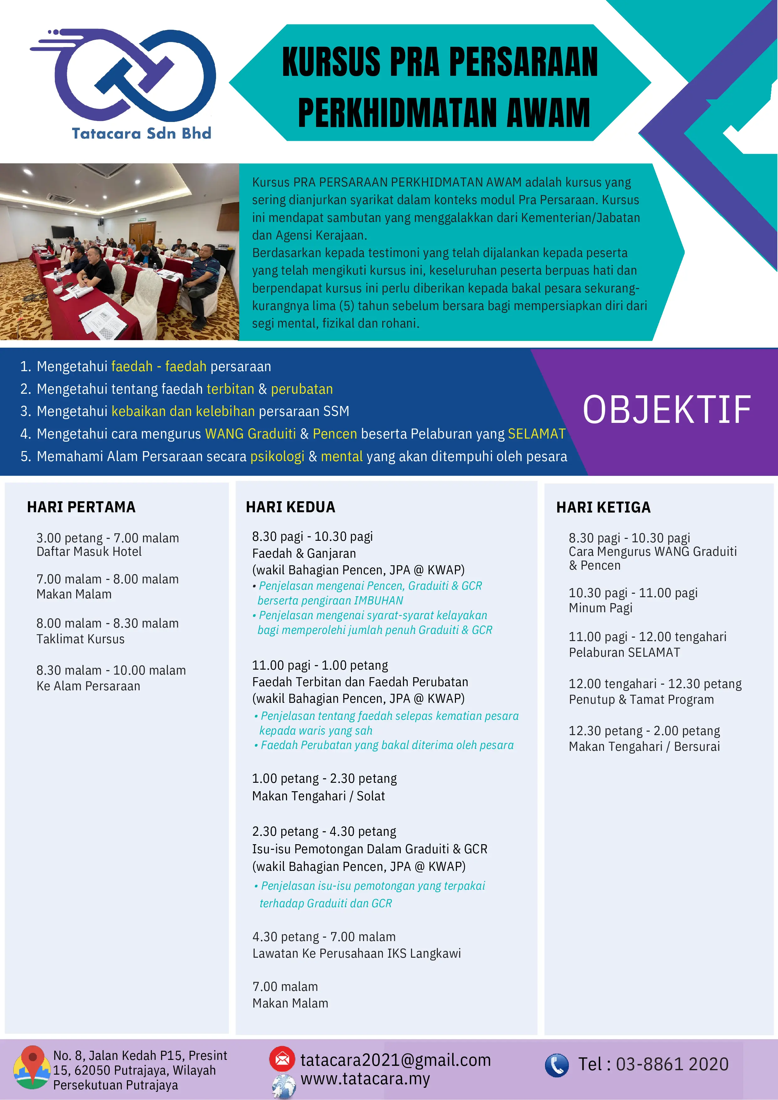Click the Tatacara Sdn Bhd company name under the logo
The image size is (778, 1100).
[141, 133]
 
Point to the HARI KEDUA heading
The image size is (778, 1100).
[290, 507]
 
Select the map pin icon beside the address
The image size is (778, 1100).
[32, 1066]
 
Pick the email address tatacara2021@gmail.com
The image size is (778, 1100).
[395, 1060]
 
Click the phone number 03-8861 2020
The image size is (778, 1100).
[672, 1064]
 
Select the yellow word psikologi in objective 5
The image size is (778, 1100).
[277, 456]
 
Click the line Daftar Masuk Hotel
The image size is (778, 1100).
[89, 552]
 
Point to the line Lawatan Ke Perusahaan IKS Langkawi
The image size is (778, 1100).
[357, 953]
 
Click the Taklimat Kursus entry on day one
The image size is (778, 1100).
[81, 639]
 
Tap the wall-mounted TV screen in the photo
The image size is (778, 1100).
[63, 232]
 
